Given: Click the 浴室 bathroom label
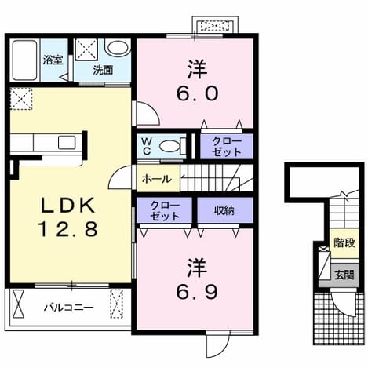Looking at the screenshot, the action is coord(53,60).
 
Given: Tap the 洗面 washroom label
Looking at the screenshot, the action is coord(103,70).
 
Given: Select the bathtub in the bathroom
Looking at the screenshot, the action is coord(24,60).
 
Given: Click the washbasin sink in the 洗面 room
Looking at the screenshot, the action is coord(118,49).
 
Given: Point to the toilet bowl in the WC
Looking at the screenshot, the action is coord(170,146).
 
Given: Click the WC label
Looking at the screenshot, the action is coord(147,146).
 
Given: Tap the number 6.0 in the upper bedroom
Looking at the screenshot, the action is coord(197,94).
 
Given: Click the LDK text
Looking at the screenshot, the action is coord(68,205).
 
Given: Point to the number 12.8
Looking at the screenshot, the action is coord(68,228).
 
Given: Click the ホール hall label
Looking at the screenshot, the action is coord(157,179).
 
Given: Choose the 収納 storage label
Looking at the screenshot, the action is coord(224,210).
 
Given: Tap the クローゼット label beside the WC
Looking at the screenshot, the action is coord(227,147).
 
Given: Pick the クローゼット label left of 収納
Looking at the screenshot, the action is coord(165,211).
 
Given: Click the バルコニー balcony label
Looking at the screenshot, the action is coord(68,308).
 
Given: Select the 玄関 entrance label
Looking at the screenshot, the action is coord(344,275).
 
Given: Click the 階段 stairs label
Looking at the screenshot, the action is coord(344,242).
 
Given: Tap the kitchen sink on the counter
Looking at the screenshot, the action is coord(67,143).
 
